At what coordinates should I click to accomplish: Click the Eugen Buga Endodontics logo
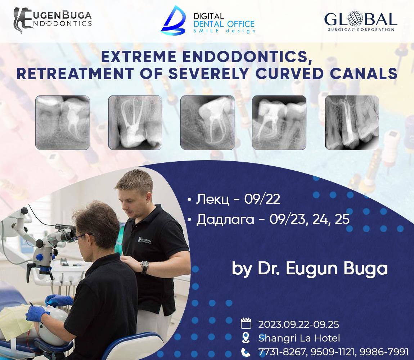[x=53, y=20]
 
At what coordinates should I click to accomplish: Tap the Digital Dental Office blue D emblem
[x=173, y=20]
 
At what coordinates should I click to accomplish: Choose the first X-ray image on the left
[x=63, y=122]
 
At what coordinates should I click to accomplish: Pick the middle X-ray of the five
[x=207, y=122]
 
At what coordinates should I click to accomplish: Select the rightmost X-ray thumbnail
[x=352, y=122]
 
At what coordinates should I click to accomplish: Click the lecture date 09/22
[x=262, y=199]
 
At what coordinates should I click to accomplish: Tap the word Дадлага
[x=225, y=220]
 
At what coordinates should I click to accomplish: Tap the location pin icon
[x=246, y=338]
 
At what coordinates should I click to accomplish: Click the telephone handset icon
[x=246, y=352]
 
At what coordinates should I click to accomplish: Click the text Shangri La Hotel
[x=299, y=338]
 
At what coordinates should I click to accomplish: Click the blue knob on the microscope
[x=40, y=257]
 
